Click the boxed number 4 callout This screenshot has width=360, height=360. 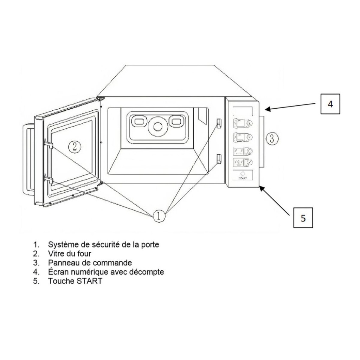(330, 104)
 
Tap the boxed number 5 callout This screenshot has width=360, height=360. (303, 218)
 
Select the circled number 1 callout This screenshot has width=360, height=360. (159, 215)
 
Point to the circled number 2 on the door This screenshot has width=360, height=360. (74, 146)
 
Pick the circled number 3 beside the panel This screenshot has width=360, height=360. (271, 138)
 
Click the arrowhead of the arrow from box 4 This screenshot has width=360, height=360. (266, 109)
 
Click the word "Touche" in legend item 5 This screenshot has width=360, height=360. (61, 281)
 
